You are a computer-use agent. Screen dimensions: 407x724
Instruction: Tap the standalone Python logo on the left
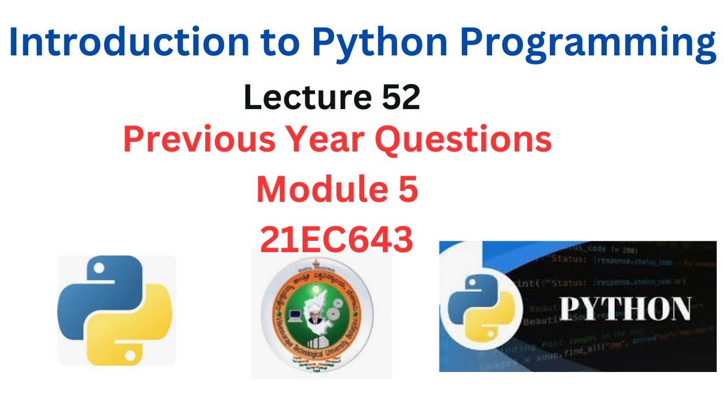pyautogui.click(x=117, y=310)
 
